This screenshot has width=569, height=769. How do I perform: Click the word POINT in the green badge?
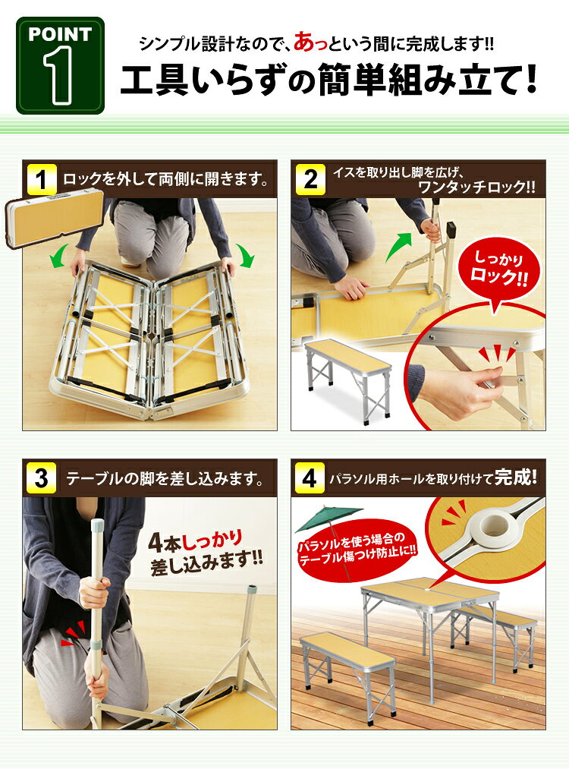(x=60, y=34)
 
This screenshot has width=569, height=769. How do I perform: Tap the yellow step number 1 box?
(x=42, y=180)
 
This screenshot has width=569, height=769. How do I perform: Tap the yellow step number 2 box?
(x=310, y=180)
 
